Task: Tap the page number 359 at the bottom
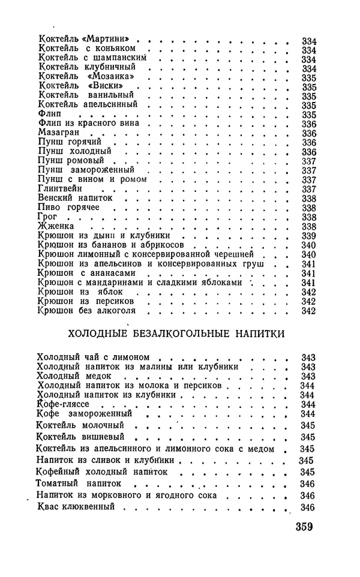point(306,528)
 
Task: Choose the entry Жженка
point(56,227)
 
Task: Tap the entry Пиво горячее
point(68,208)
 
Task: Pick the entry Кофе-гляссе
point(64,405)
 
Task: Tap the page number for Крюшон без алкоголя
point(308,311)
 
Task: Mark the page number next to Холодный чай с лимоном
point(308,357)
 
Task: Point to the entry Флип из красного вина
point(88,124)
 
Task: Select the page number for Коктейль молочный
point(308,425)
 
